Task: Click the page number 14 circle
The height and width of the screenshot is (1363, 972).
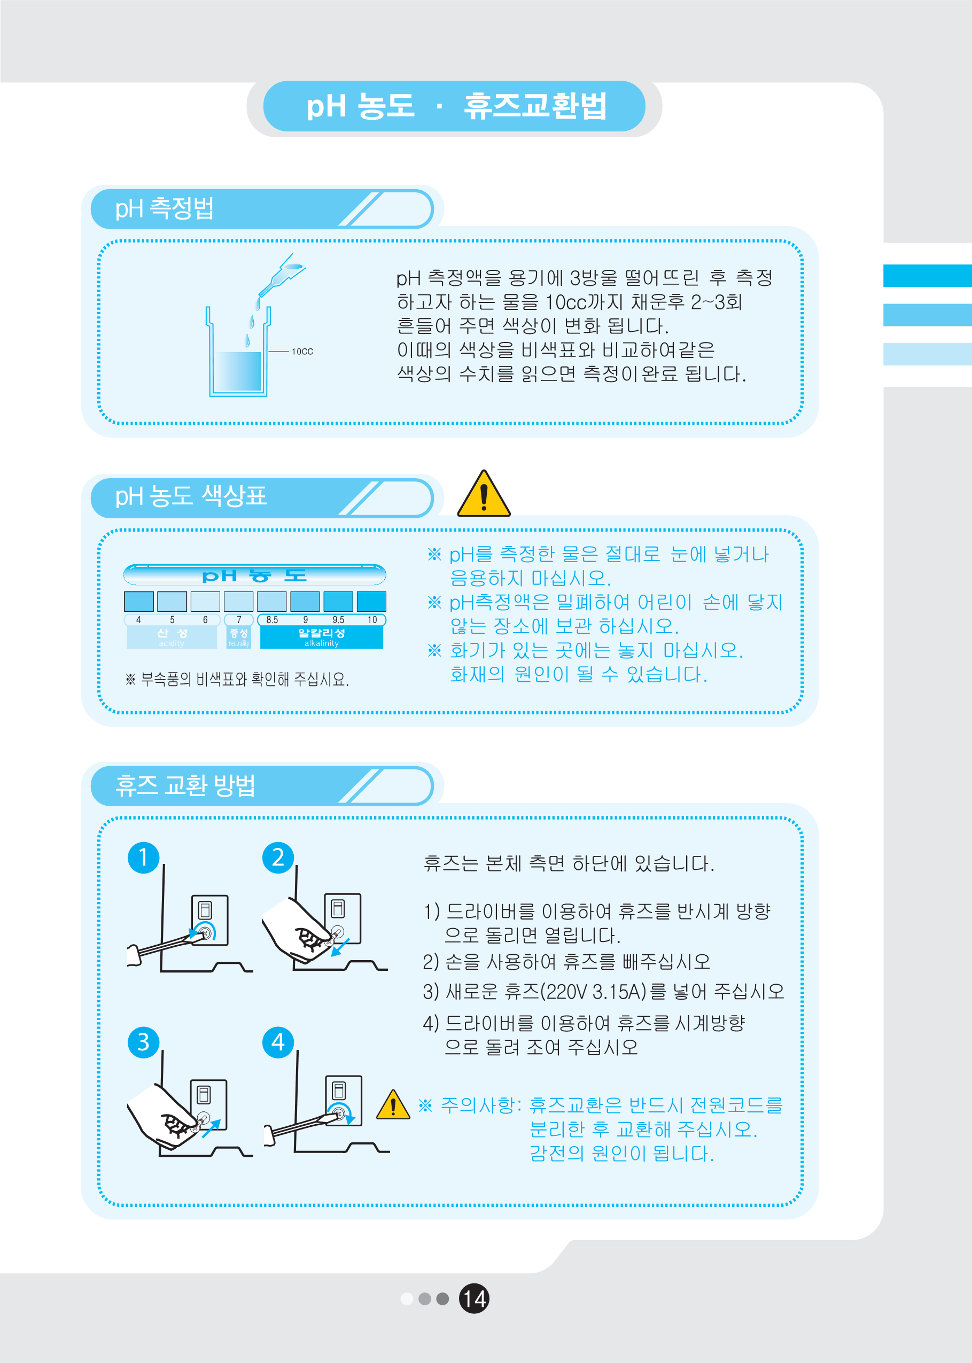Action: [x=473, y=1298]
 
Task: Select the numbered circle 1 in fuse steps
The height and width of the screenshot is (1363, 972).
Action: [x=143, y=858]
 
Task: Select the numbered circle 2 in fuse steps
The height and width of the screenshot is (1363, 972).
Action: [x=278, y=858]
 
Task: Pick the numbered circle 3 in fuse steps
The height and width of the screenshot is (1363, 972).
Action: [x=143, y=1042]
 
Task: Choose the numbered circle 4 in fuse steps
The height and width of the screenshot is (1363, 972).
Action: [x=278, y=1042]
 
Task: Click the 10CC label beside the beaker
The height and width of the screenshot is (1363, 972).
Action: [x=302, y=352]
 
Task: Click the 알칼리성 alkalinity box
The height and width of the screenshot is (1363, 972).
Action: [x=321, y=638]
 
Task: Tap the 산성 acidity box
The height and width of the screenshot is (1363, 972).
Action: [x=172, y=638]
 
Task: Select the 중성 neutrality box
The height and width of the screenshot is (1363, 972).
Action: [x=238, y=638]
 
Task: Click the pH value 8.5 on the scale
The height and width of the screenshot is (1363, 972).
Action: [x=272, y=620]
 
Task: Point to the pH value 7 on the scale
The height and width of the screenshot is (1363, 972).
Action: [x=239, y=620]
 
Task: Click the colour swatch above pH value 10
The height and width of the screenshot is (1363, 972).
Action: [x=371, y=601]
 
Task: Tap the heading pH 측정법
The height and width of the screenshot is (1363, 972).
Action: [x=164, y=209]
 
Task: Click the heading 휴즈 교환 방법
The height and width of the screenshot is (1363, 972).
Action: [x=185, y=785]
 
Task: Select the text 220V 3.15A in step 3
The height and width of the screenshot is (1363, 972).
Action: [x=593, y=992]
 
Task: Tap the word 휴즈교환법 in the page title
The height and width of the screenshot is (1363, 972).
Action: [x=534, y=106]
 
